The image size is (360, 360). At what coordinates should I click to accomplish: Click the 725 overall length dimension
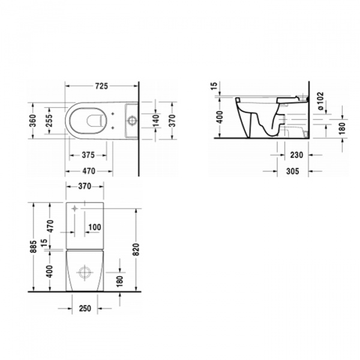coord(101,86)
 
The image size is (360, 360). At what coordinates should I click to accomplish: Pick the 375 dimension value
coord(89,155)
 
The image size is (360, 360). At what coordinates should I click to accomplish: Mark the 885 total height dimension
coord(35,245)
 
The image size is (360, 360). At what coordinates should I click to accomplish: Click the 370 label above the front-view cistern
coord(85,187)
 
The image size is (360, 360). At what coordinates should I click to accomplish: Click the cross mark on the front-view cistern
coord(74,209)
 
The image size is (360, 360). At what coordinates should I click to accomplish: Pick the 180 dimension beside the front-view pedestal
coord(119,279)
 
